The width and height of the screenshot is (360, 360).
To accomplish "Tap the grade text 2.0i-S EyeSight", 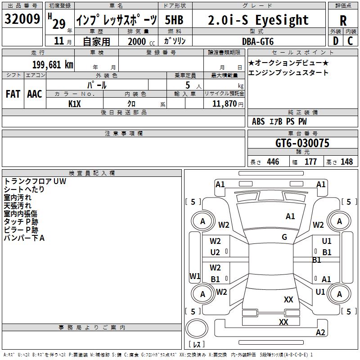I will click(258, 20).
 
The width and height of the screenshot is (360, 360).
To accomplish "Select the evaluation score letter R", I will click(343, 21).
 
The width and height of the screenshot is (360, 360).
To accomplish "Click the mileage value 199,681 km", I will click(52, 64).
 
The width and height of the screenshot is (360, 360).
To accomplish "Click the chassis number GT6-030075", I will click(302, 143).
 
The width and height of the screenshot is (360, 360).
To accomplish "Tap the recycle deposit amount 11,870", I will click(225, 103).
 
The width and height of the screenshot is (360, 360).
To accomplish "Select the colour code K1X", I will click(75, 103).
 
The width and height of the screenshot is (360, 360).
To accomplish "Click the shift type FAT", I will click(13, 94).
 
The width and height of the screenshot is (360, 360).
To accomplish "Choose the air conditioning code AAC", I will click(35, 94).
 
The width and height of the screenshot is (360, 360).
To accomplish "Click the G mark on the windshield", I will click(284, 237).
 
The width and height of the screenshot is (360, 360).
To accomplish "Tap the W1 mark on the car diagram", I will click(195, 276).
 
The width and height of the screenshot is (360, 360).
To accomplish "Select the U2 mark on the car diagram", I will click(215, 252).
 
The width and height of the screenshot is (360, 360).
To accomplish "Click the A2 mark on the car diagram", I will click(320, 333).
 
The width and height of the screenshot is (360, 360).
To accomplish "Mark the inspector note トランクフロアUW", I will click(35, 181).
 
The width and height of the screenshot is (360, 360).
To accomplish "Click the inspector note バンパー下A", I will click(24, 238).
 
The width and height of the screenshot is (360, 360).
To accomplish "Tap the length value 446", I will click(273, 162).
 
